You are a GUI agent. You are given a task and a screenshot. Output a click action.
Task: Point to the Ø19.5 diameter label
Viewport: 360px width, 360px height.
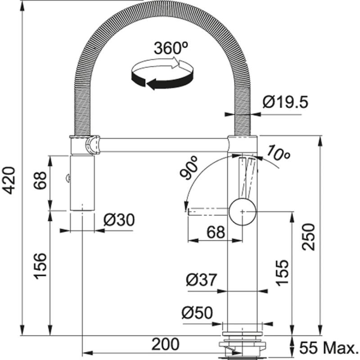click(x=285, y=103)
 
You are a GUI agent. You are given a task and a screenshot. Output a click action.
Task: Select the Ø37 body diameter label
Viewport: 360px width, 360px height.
click(x=201, y=280)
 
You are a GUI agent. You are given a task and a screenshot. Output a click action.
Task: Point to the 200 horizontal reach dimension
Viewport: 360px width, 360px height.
click(x=165, y=344)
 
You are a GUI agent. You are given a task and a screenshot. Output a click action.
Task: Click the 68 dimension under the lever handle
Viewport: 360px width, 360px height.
click(x=216, y=232)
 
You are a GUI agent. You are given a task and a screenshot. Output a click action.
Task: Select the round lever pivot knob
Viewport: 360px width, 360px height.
click(x=243, y=210)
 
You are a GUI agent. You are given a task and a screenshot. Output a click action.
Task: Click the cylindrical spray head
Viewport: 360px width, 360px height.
click(x=83, y=182)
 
